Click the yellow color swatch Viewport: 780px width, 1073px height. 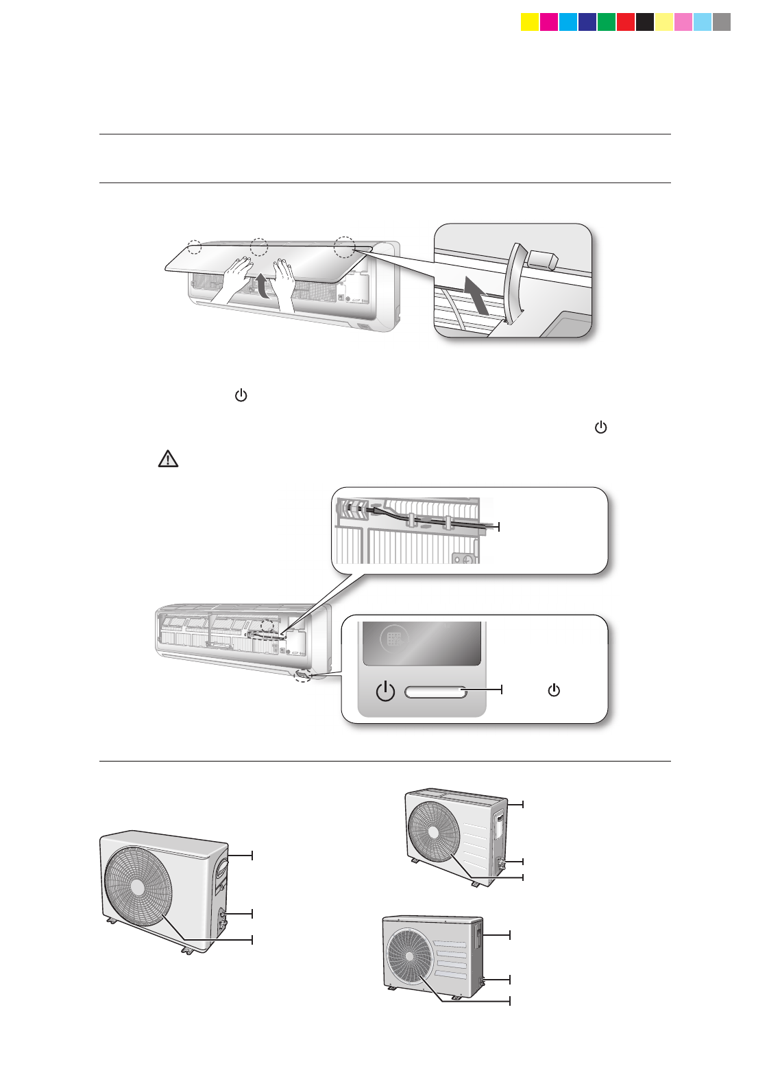530,23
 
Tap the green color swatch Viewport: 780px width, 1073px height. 607,23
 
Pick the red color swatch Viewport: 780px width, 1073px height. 626,23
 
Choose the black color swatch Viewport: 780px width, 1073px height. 645,23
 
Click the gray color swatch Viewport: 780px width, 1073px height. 722,23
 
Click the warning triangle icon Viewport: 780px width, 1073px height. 168,459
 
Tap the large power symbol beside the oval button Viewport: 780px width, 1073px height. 386,692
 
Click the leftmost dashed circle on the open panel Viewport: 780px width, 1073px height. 195,246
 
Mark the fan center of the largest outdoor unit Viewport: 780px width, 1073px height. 138,886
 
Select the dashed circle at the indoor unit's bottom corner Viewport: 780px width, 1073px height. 302,676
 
